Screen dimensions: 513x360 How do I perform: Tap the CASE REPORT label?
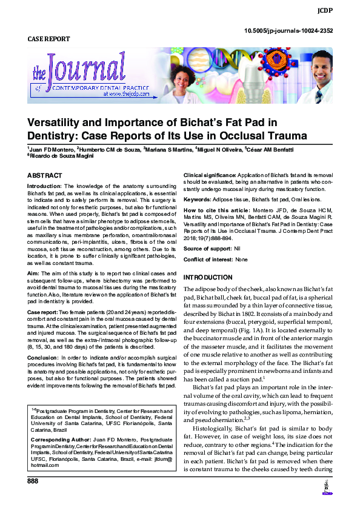point(49,39)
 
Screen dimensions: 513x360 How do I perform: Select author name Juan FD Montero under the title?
point(50,149)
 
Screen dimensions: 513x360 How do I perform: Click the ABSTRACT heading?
point(44,176)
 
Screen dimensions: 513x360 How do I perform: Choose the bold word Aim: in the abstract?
point(34,273)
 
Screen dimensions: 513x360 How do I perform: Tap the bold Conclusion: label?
point(44,357)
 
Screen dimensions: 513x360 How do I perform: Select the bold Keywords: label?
point(197,199)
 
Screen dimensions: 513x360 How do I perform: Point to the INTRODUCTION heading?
point(208,277)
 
